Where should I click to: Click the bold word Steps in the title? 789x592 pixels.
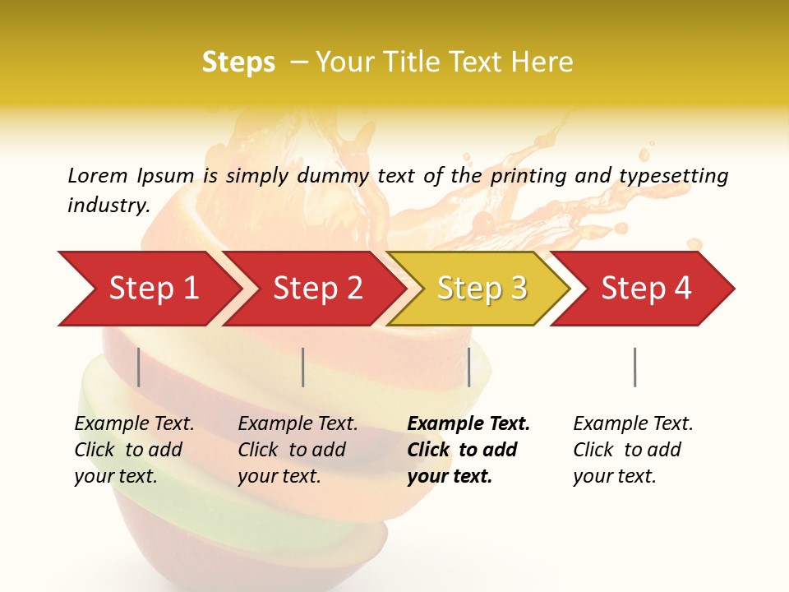click(x=238, y=62)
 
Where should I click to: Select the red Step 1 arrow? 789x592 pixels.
click(x=148, y=289)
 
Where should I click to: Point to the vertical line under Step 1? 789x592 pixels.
click(x=139, y=367)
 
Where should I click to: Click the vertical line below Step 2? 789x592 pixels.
click(x=303, y=367)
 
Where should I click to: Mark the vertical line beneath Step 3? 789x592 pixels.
click(x=468, y=367)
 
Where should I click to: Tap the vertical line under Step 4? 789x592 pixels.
click(x=634, y=367)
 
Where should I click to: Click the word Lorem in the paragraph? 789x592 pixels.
click(x=98, y=176)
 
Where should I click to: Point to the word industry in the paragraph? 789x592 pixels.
click(x=108, y=206)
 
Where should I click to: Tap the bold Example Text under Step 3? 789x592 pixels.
click(x=468, y=424)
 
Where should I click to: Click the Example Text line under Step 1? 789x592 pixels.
click(x=134, y=424)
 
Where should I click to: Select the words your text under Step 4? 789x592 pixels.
click(x=614, y=476)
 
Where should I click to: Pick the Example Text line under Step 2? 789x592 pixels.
click(x=298, y=424)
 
